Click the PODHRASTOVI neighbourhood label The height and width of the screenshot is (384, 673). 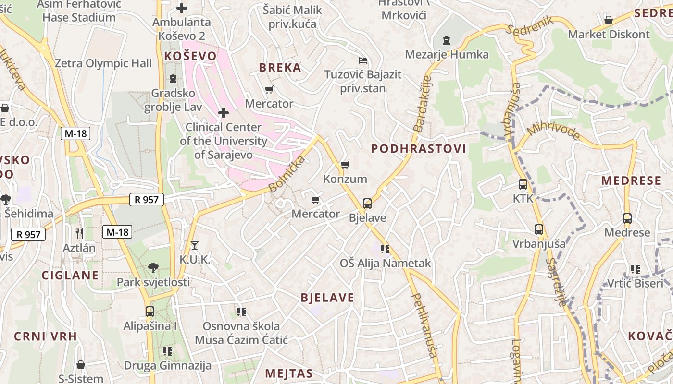pos(418,149)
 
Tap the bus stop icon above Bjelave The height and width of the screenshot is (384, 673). pos(367,204)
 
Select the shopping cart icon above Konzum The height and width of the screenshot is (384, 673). pos(345,165)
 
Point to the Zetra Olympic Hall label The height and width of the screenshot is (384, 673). pos(103,63)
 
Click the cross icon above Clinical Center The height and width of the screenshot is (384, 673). pos(224,113)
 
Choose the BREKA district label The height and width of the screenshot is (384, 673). pos(280,68)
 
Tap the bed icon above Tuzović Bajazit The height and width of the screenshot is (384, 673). pos(363,60)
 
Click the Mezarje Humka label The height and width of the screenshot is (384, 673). pos(447,54)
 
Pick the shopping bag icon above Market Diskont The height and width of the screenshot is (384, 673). pos(608,20)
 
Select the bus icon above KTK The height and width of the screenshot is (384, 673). pos(523,184)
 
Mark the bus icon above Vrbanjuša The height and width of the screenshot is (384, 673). pos(538,229)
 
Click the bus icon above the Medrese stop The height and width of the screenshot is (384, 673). pos(627,218)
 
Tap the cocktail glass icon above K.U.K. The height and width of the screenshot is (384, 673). pos(194,245)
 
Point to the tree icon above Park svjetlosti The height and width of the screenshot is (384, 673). pos(153,267)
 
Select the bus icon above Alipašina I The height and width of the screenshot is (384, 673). pos(150,312)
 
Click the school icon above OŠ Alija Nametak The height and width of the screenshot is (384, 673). pos(385,249)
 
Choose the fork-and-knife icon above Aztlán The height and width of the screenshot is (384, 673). pos(79,234)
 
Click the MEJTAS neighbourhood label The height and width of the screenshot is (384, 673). pos(288,373)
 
